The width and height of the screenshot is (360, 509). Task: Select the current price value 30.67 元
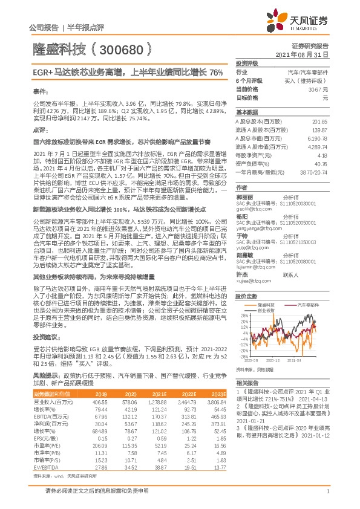(318, 89)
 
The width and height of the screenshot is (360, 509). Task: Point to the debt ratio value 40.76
(320, 163)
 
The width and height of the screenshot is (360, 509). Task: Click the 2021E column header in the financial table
(159, 393)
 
